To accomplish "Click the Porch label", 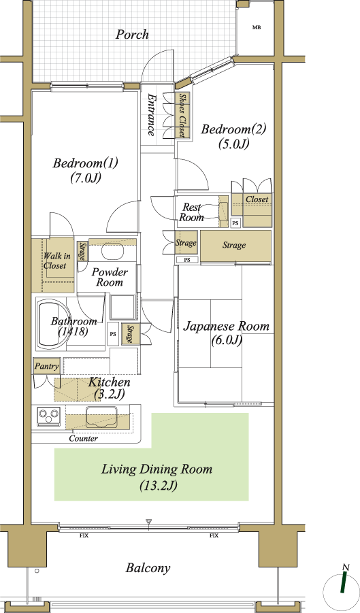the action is click(132, 35).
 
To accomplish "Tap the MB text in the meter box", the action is click(257, 27).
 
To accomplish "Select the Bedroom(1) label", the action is click(85, 163).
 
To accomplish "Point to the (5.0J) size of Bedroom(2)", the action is click(233, 144).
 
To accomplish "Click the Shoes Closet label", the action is click(182, 116).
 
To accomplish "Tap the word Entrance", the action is click(151, 115).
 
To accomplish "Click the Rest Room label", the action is click(191, 212).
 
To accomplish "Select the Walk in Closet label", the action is click(56, 261).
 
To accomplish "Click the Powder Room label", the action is click(110, 277).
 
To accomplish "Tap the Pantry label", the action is click(46, 366).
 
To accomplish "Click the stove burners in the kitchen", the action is click(49, 416).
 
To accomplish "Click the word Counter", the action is click(83, 439).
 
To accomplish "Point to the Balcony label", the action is click(148, 568).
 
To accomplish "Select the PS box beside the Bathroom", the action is click(113, 334).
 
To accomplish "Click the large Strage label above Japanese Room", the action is click(234, 245).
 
